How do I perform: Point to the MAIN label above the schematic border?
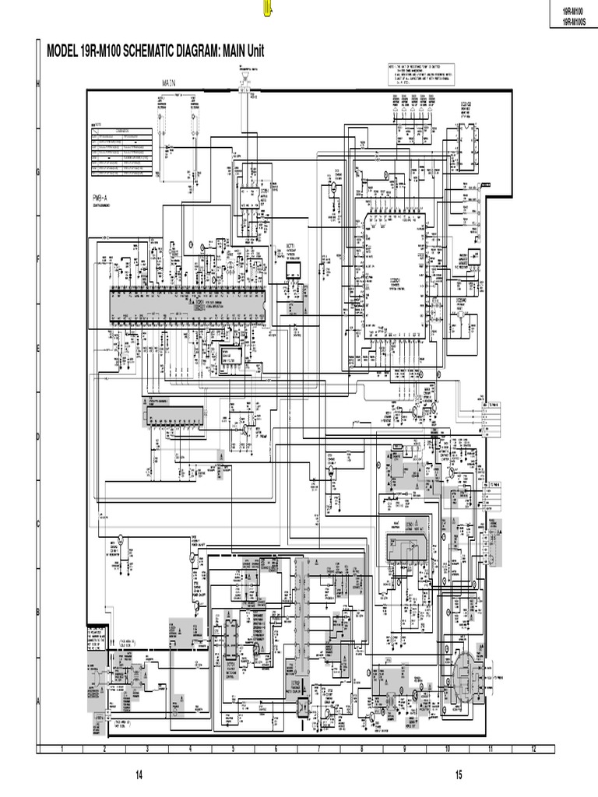[171, 82]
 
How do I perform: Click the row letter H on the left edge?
[37, 83]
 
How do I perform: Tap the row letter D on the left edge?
[37, 436]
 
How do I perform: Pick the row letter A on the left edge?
[37, 700]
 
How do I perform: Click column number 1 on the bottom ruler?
[61, 749]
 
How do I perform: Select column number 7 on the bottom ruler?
[318, 749]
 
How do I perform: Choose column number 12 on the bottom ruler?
[533, 749]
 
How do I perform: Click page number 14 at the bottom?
[139, 774]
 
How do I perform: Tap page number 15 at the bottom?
[459, 774]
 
